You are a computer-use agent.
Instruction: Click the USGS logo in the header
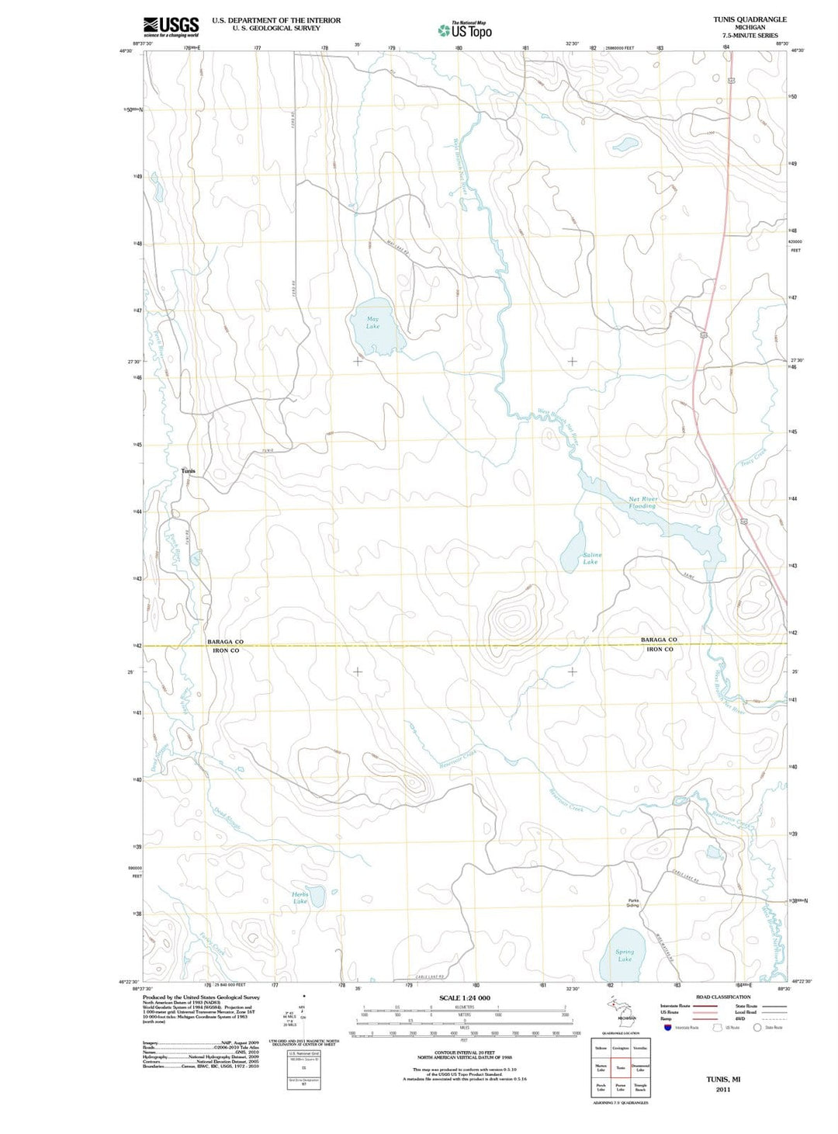point(171,26)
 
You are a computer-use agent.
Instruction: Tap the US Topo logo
point(464,30)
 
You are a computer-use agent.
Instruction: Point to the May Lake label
point(373,323)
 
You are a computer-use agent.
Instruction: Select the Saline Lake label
point(591,558)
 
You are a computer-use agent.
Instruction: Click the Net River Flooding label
point(642,502)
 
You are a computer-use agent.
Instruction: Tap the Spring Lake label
point(625,955)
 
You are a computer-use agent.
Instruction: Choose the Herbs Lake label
point(300,898)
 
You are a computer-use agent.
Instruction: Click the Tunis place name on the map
point(189,471)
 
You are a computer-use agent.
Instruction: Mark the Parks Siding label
point(633,903)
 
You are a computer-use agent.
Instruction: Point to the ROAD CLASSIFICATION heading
point(723,997)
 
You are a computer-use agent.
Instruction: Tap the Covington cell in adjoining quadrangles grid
point(621,1049)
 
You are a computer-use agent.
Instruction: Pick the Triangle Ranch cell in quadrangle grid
point(640,1087)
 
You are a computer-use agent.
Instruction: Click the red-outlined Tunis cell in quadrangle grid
point(621,1068)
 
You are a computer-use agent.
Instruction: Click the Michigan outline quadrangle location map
point(621,1009)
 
